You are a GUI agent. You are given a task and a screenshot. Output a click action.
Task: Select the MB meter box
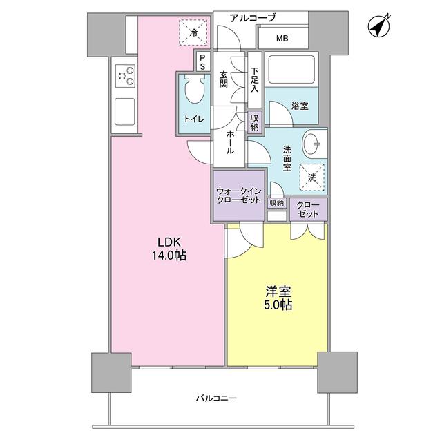(x=283, y=37)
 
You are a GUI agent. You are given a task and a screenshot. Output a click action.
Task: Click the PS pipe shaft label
(x=202, y=62)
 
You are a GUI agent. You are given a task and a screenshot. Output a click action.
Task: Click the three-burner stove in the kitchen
(x=125, y=75)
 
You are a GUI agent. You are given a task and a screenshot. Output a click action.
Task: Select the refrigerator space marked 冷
(x=193, y=32)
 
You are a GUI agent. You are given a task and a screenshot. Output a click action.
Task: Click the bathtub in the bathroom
(x=291, y=71)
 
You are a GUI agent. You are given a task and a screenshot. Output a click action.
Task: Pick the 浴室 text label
(x=300, y=106)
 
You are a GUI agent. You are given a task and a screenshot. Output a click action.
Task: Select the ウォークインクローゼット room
(x=238, y=195)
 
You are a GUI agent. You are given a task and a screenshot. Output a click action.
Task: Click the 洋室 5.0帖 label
(x=276, y=298)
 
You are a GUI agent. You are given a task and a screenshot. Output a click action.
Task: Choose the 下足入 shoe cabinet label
(x=255, y=79)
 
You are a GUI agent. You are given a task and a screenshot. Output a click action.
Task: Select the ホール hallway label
(x=229, y=142)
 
